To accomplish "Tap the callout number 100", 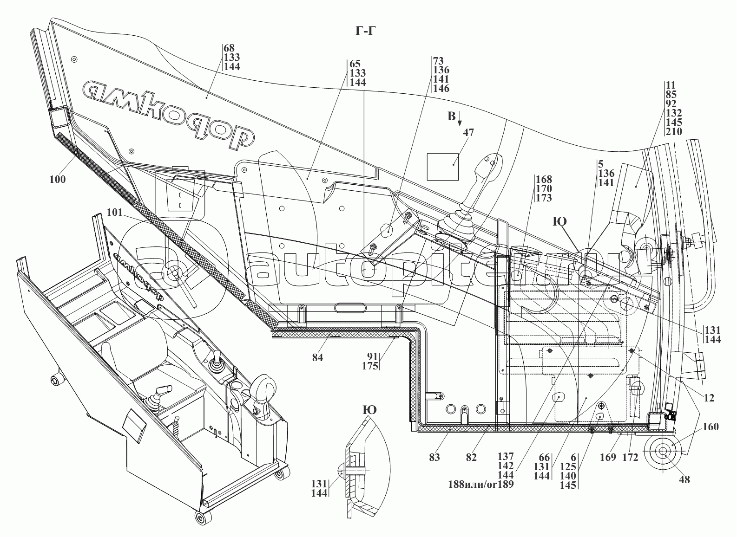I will (x=59, y=179).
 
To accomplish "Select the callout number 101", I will (x=114, y=213).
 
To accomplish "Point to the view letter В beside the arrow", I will (x=451, y=116).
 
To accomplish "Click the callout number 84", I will (x=318, y=357).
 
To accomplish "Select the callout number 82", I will (x=471, y=457).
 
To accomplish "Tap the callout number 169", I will (x=608, y=457).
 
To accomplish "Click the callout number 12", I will (x=709, y=398).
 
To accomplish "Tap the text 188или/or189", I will (x=480, y=485).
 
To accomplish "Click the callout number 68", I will (x=229, y=48).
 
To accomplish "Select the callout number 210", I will (x=673, y=131).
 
